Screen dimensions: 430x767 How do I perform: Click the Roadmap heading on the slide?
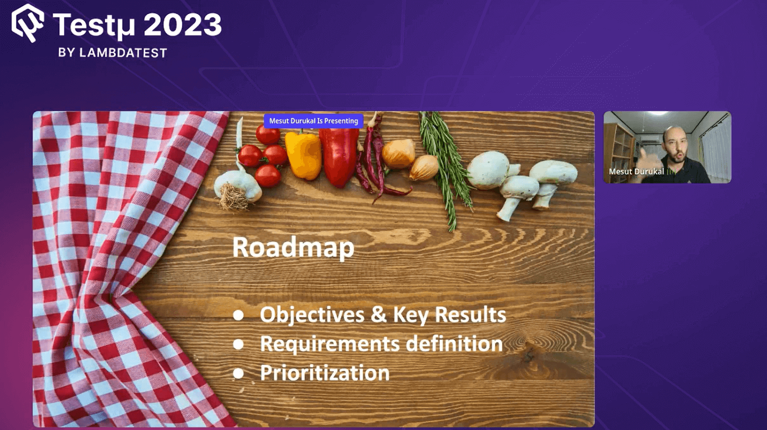(293, 247)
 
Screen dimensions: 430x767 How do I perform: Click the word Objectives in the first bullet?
(312, 315)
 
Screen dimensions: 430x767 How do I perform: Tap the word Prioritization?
(325, 373)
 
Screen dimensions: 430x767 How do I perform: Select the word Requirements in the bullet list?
(330, 344)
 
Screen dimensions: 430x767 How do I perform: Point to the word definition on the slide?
(454, 344)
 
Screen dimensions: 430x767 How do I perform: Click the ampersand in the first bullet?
(378, 314)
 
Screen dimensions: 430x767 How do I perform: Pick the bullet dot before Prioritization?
(238, 373)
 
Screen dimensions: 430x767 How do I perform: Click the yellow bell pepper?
(303, 154)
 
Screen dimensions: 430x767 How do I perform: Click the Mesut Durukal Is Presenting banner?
(314, 121)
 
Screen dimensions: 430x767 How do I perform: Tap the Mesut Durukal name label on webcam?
(636, 172)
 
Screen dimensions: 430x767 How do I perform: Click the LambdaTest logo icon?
(28, 23)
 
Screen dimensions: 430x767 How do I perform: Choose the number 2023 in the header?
(182, 25)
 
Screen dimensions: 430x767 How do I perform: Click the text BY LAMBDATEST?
(113, 53)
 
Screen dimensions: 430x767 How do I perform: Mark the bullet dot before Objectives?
(238, 315)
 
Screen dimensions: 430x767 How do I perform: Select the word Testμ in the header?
(94, 25)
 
